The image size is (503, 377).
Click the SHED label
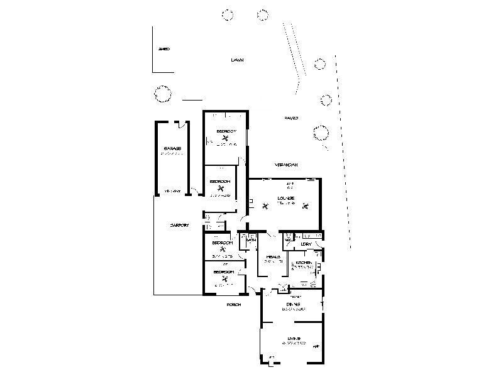tap(165, 48)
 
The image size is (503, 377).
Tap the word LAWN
tap(236, 60)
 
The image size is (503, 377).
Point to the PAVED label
tap(290, 117)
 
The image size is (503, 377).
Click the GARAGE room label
tap(172, 149)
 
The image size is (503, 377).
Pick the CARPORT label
tap(179, 225)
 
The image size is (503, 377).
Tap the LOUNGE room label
tap(286, 199)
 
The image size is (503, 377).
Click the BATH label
tap(251, 240)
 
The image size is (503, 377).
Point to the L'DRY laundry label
tap(307, 244)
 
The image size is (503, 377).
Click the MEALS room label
tap(272, 257)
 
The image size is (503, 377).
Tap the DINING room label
tap(293, 304)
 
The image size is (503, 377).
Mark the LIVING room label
tap(293, 339)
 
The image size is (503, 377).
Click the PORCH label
tap(233, 305)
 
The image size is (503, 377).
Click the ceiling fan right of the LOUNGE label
tap(306, 204)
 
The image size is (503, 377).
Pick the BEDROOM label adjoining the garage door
tap(219, 181)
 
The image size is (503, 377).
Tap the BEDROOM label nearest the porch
tap(223, 272)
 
